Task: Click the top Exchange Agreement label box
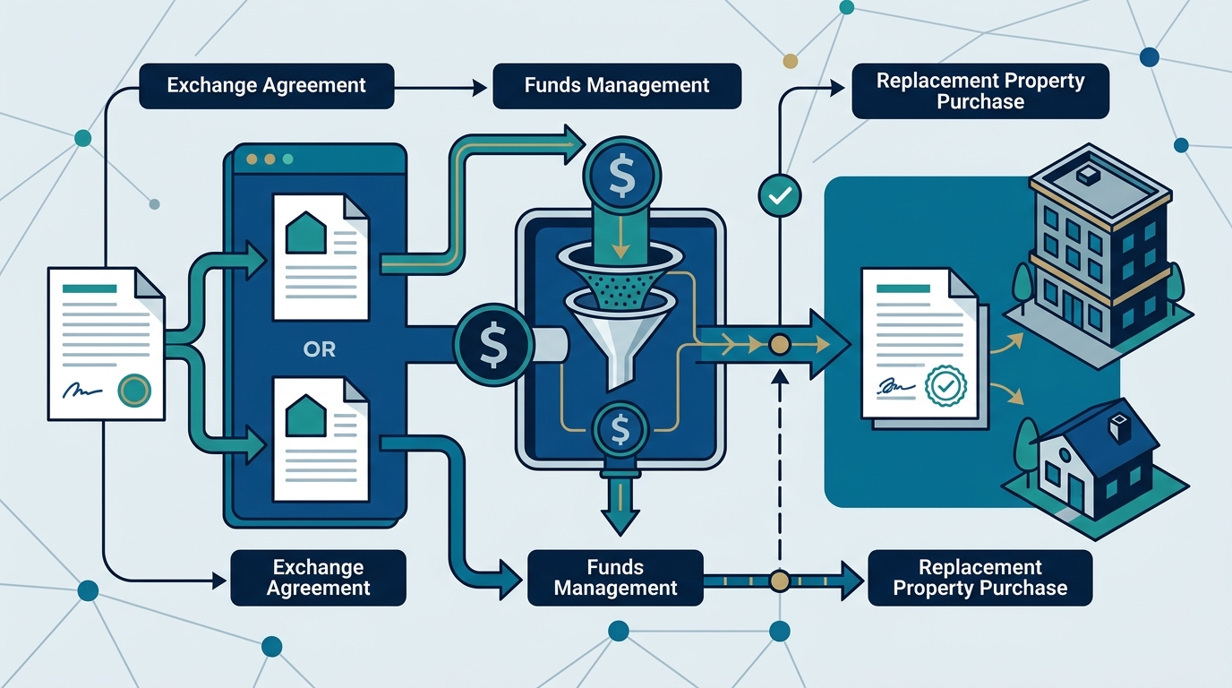[267, 86]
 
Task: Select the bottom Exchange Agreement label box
[319, 578]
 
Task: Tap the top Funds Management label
[617, 86]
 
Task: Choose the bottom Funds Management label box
[615, 578]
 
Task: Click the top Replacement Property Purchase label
[980, 90]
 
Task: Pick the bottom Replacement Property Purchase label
[980, 578]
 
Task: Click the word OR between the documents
[319, 349]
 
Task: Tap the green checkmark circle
[780, 195]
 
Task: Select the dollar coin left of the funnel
[493, 346]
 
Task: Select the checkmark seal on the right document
[946, 387]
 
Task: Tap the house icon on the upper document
[306, 234]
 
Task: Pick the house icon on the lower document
[306, 416]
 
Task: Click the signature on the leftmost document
[82, 391]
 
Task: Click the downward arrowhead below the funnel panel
[620, 521]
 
